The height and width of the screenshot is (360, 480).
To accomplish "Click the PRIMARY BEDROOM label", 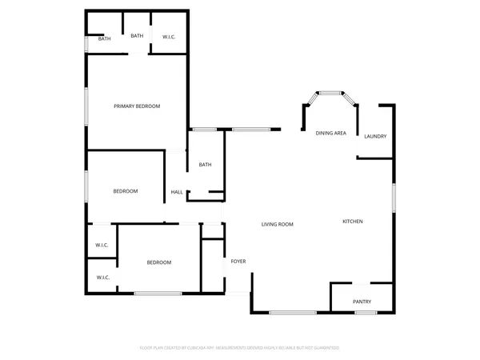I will pyautogui.click(x=137, y=106).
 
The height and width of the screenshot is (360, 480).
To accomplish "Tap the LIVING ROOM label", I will pyautogui.click(x=278, y=225).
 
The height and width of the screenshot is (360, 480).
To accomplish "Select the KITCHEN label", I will pyautogui.click(x=353, y=222).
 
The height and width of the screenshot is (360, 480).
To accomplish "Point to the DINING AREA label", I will pyautogui.click(x=330, y=133).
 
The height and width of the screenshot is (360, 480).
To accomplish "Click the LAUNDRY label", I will pyautogui.click(x=375, y=137).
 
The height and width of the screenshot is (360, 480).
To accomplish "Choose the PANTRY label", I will pyautogui.click(x=362, y=302).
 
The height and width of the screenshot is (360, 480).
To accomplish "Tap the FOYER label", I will pyautogui.click(x=238, y=262).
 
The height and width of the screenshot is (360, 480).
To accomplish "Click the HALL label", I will pyautogui.click(x=177, y=192).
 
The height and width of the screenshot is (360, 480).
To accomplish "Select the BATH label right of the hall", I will pyautogui.click(x=205, y=166).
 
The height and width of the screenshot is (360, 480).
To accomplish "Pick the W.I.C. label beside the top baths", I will pyautogui.click(x=170, y=37).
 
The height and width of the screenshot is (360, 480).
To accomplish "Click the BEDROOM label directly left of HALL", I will pyautogui.click(x=126, y=191).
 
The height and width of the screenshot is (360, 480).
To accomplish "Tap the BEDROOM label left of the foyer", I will pyautogui.click(x=158, y=262).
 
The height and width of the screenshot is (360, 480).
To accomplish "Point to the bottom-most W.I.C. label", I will pyautogui.click(x=102, y=278).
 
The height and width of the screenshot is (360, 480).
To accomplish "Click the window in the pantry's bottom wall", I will pyautogui.click(x=366, y=312).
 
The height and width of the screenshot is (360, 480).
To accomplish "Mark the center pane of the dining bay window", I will pyautogui.click(x=330, y=94).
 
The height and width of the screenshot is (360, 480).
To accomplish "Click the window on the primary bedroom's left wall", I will pyautogui.click(x=87, y=106).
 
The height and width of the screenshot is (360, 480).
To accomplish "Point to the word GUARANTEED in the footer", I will pyautogui.click(x=326, y=348).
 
